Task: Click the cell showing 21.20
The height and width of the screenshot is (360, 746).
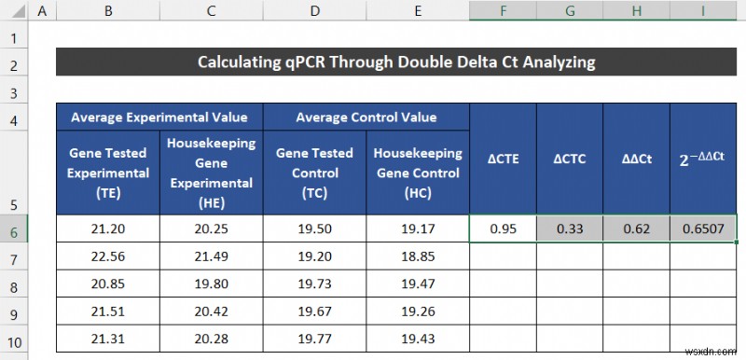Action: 108,228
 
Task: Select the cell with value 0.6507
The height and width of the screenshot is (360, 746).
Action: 703,228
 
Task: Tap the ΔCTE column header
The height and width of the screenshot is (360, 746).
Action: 503,159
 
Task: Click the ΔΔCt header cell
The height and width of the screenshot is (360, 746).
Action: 636,159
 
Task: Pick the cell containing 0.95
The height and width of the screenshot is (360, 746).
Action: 503,228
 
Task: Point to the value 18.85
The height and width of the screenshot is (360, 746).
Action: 418,256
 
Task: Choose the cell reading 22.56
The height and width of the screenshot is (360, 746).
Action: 108,256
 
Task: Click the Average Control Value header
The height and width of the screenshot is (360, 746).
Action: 366,118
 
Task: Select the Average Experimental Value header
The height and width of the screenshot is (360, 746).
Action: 159,118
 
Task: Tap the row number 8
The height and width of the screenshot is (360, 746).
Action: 14,284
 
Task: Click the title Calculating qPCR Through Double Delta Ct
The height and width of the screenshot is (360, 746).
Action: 396,62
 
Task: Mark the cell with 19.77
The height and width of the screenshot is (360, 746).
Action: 314,339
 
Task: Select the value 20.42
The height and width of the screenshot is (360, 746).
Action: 211,312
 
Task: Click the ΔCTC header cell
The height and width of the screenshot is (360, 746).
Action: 569,159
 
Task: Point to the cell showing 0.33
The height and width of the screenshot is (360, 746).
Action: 569,228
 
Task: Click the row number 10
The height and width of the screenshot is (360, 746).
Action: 14,339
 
